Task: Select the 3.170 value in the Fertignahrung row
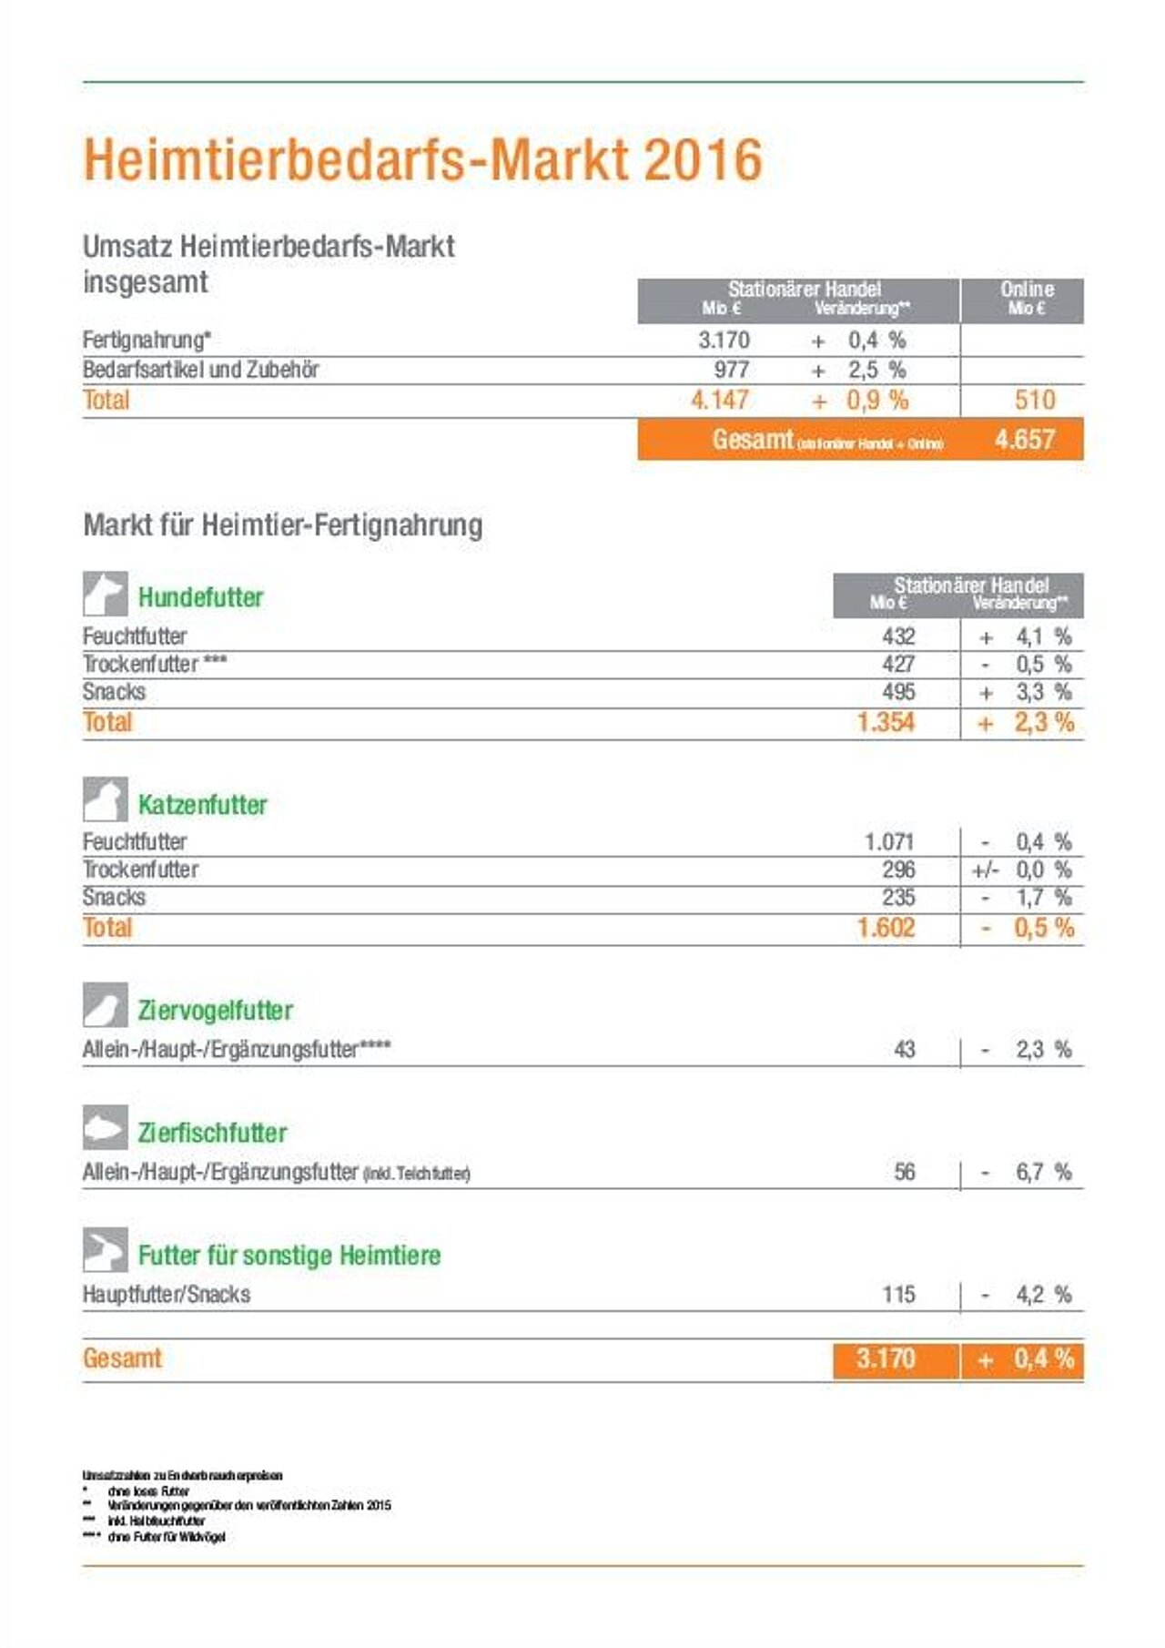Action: tap(724, 341)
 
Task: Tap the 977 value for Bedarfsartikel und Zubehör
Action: tap(731, 370)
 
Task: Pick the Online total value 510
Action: tap(1034, 400)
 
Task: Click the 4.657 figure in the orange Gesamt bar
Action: tap(1024, 440)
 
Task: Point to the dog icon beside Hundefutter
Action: tap(106, 595)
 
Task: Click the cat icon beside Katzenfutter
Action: tap(106, 800)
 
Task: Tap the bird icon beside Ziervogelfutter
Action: tap(106, 1005)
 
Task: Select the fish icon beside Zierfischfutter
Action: tap(106, 1128)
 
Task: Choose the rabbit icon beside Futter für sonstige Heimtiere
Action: tap(106, 1250)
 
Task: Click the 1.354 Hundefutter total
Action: tap(886, 723)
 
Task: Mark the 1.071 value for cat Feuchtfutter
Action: tap(888, 842)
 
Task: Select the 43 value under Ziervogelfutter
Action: tap(904, 1050)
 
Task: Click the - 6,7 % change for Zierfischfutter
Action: tap(1026, 1173)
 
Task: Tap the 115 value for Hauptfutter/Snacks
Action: tap(898, 1295)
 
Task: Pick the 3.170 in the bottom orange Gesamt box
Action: tap(885, 1359)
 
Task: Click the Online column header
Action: tap(1027, 298)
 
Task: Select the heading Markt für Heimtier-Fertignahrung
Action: tap(283, 525)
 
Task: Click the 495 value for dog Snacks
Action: tap(898, 692)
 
